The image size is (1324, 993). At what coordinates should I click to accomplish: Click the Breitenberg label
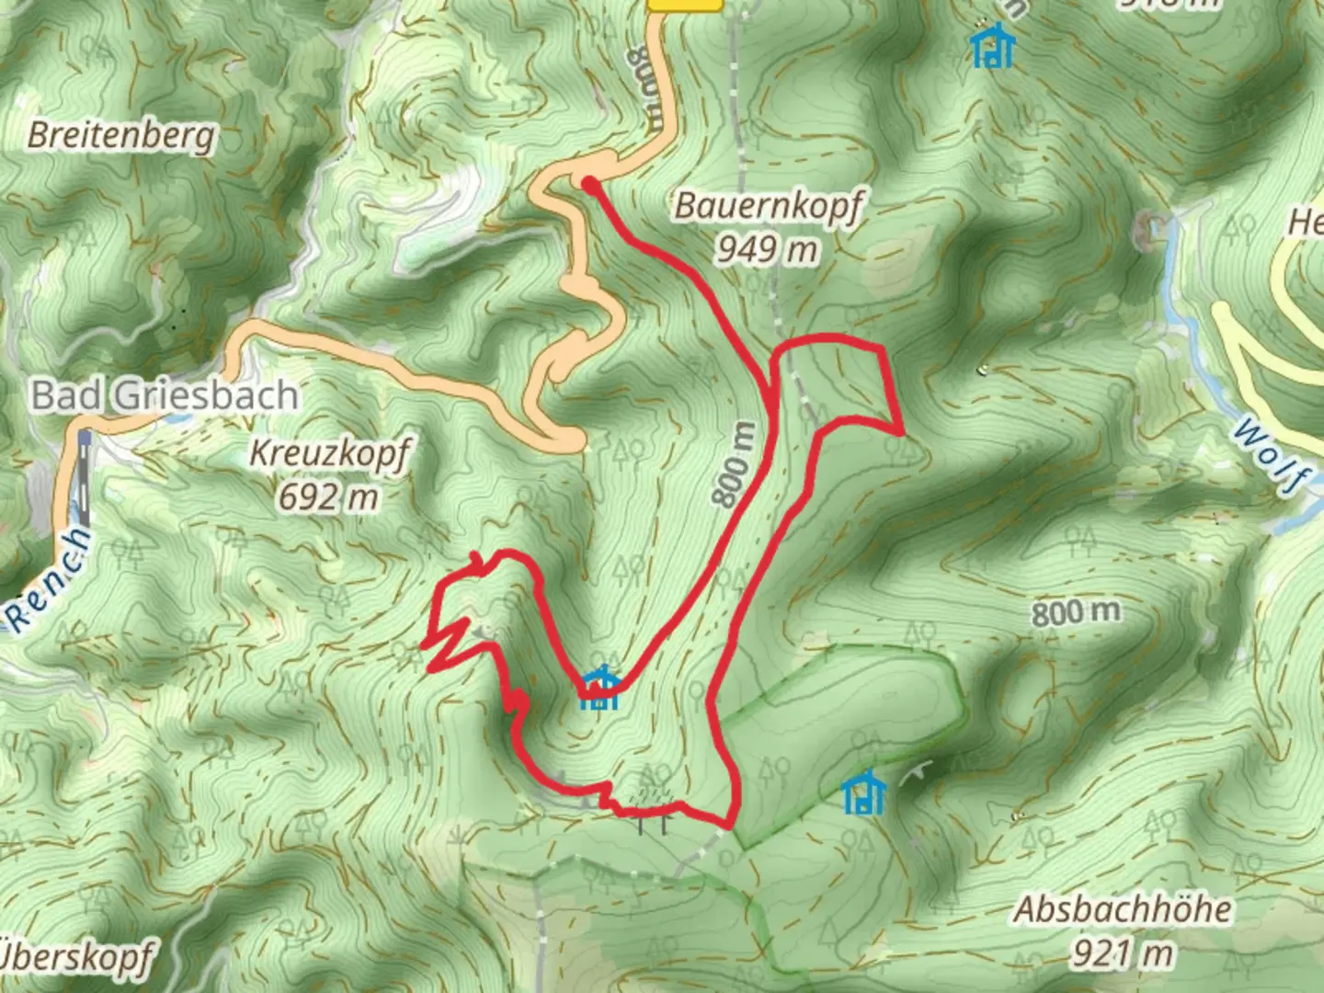[x=120, y=136]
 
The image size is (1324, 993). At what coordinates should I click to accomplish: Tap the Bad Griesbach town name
[x=165, y=395]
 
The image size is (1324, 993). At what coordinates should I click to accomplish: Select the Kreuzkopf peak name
[x=329, y=453]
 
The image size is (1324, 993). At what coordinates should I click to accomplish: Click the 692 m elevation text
[x=328, y=497]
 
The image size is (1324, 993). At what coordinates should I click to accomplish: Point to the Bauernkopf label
[x=769, y=205]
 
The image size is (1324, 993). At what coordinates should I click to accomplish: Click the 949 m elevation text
[x=768, y=248]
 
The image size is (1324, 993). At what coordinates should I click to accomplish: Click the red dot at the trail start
[x=588, y=185]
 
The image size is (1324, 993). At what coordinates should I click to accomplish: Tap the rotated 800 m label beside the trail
[x=734, y=465]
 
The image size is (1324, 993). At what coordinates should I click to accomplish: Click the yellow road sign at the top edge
[x=684, y=5]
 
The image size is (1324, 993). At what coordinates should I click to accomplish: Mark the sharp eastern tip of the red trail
[x=902, y=430]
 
